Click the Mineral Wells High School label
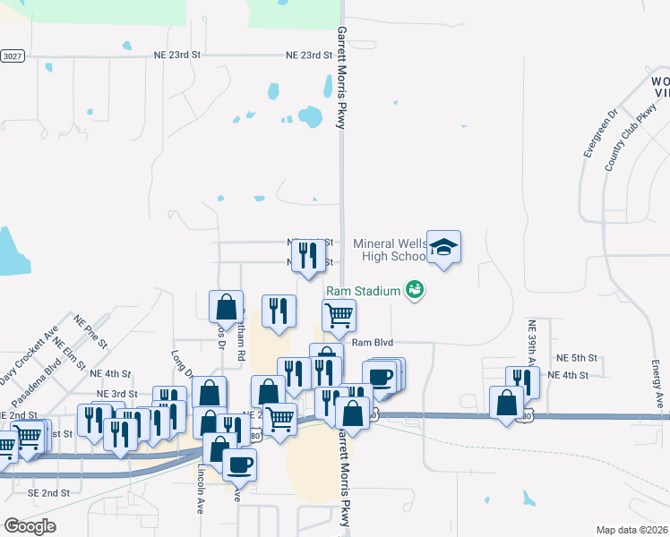click(389, 250)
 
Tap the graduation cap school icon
click(443, 246)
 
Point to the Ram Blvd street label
click(373, 342)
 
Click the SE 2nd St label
click(48, 493)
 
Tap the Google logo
click(30, 526)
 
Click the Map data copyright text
click(631, 530)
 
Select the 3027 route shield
click(11, 55)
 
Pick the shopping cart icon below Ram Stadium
click(339, 314)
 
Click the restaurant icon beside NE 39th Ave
click(522, 381)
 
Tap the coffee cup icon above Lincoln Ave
click(239, 464)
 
